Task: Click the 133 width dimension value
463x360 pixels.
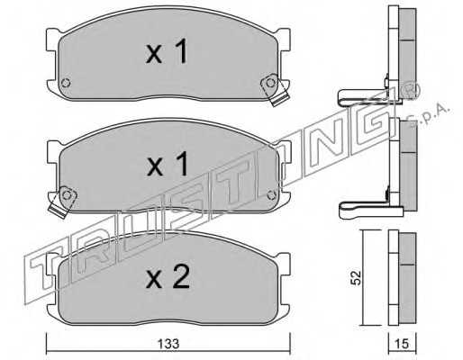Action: (168, 344)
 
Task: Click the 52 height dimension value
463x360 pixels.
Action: (357, 278)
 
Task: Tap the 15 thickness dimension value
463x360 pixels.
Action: (402, 344)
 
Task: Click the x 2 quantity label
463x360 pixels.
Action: (168, 276)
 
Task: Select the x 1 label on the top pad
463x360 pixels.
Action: (167, 51)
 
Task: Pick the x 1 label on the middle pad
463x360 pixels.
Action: (168, 163)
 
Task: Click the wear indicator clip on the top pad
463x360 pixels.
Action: (274, 89)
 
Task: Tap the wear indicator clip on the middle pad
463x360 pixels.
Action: (63, 202)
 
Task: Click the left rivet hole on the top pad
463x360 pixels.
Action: (66, 83)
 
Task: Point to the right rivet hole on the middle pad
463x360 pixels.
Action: (271, 195)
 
